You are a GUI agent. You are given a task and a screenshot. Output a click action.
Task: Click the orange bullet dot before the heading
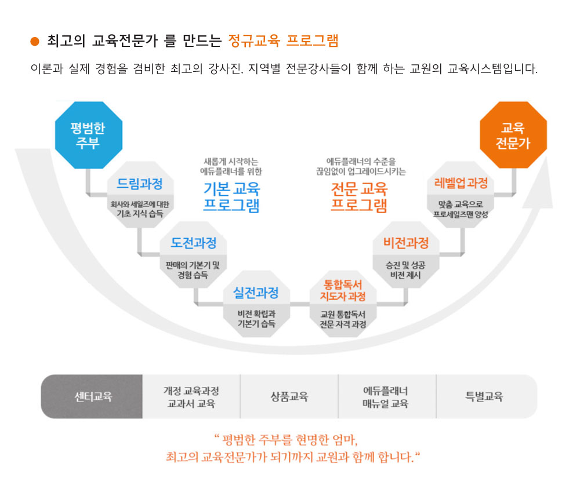tap(35, 41)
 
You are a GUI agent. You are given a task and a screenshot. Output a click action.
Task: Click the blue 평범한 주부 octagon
tap(89, 135)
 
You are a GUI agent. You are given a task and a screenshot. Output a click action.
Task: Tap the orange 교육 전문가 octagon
tap(513, 135)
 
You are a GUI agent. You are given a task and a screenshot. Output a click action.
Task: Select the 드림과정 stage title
tap(140, 184)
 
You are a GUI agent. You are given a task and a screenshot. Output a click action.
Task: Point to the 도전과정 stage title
tap(194, 243)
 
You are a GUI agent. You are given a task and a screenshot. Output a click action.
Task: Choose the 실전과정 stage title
tap(256, 293)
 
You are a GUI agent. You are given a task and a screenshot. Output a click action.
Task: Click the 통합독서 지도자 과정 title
tap(343, 290)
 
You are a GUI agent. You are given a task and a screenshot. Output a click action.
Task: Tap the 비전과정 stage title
tap(406, 243)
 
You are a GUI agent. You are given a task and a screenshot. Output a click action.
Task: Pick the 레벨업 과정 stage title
tap(461, 183)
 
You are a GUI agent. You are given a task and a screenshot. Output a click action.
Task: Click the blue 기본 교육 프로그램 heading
tap(231, 197)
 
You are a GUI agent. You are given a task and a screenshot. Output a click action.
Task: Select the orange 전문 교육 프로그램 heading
tap(359, 197)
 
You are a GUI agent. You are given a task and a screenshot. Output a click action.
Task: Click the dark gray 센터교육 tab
tap(92, 397)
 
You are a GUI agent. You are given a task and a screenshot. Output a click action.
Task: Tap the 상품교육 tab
tap(289, 397)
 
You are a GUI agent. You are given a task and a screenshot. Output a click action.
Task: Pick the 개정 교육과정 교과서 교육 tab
tap(191, 397)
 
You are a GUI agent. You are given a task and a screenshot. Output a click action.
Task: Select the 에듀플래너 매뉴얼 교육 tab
tap(387, 397)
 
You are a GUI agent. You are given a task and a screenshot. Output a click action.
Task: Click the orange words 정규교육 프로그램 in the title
tap(284, 41)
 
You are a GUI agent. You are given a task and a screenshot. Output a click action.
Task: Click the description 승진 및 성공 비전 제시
tap(406, 270)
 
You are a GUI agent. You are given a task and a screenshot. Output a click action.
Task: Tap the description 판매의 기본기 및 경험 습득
tap(193, 270)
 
